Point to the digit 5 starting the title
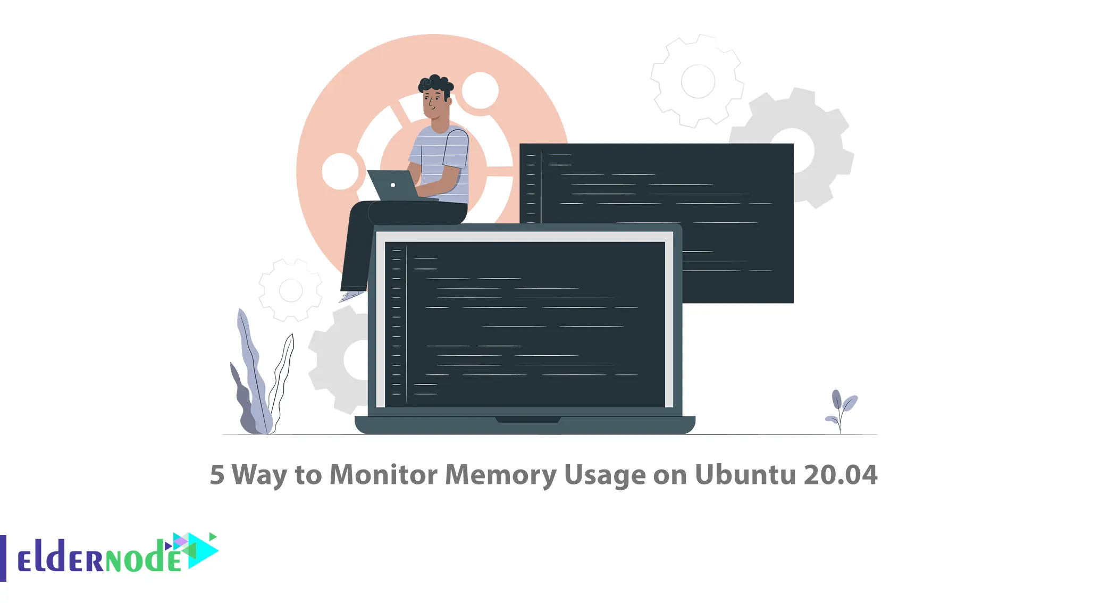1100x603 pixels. pos(217,475)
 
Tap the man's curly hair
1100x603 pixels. pos(436,86)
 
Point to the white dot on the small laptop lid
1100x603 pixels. pos(393,185)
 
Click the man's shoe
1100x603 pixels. pos(351,296)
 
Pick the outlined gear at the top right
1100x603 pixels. pos(697,81)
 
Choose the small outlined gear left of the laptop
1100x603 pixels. pos(290,290)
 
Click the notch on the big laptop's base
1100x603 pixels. pos(528,420)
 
